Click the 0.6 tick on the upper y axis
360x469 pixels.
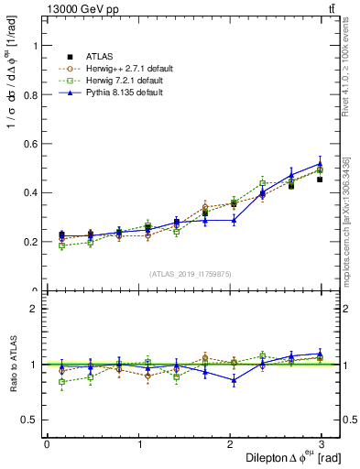tap(28, 144)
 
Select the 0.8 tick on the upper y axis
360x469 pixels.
tap(28, 94)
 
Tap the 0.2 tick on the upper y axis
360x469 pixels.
tap(28, 242)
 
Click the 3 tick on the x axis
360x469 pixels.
tap(322, 444)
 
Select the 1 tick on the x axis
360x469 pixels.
tap(138, 444)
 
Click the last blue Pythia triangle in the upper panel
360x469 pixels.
tap(320, 164)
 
